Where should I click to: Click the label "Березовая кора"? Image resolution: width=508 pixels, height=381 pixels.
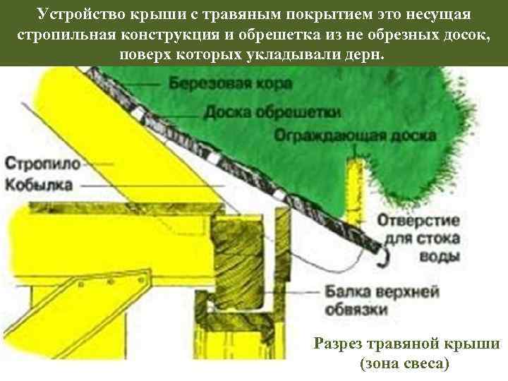point(221,83)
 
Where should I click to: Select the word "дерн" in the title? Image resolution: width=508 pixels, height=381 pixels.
point(367,54)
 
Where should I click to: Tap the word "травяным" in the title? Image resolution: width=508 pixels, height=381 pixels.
point(222,14)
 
